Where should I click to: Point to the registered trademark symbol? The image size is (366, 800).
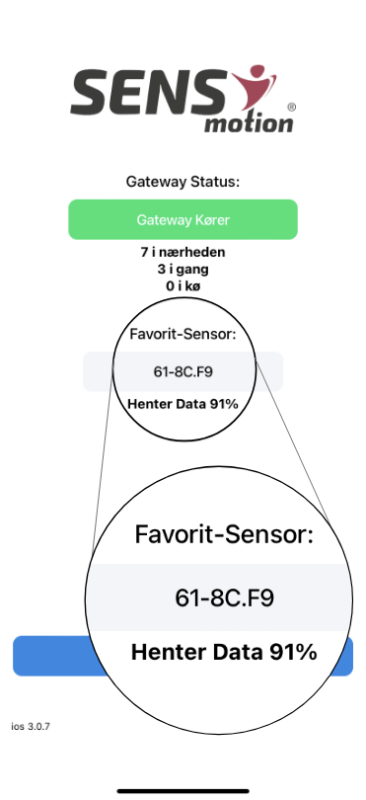tap(290, 105)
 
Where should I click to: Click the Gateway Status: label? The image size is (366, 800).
tap(183, 182)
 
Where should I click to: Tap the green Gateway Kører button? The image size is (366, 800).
tap(183, 219)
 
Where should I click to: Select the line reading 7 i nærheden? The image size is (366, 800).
tap(183, 254)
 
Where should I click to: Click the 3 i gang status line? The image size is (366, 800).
tap(183, 270)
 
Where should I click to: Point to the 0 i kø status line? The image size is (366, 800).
tap(183, 285)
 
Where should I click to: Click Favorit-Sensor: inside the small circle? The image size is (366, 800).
tap(183, 335)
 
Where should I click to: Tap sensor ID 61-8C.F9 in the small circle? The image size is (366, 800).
tap(183, 372)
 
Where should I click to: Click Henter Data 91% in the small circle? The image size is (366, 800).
tap(183, 403)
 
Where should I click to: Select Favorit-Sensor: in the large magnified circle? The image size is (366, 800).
tap(224, 536)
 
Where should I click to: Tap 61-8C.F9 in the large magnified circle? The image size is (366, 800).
tap(224, 598)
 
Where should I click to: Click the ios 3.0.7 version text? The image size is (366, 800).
tap(31, 726)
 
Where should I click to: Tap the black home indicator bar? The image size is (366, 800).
tap(183, 789)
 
